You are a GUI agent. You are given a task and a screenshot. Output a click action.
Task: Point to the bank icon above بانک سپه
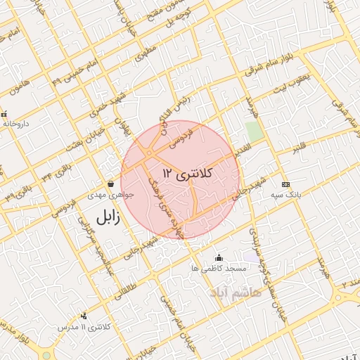(284, 183)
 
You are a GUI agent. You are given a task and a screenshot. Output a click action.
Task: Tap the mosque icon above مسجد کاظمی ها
(219, 258)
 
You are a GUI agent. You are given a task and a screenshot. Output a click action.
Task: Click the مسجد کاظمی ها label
(219, 269)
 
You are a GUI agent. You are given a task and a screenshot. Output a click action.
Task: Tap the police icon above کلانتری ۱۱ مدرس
(84, 316)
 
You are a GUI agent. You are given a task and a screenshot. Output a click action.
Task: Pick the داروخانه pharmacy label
(16, 124)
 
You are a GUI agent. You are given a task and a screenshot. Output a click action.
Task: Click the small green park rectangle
(254, 131)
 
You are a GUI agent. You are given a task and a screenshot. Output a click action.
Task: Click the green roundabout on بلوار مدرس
(46, 355)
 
